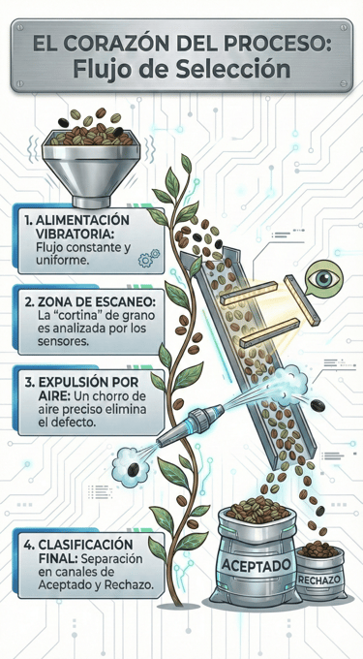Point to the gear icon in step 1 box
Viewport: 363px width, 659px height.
click(148, 258)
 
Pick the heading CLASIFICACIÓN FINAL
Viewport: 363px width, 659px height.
click(85, 553)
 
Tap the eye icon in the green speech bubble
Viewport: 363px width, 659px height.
click(324, 278)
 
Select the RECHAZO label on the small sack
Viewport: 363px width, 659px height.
click(319, 581)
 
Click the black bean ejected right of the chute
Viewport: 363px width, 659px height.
click(318, 405)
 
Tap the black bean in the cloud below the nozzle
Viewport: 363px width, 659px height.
click(134, 469)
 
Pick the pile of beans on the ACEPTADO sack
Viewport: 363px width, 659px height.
click(257, 510)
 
